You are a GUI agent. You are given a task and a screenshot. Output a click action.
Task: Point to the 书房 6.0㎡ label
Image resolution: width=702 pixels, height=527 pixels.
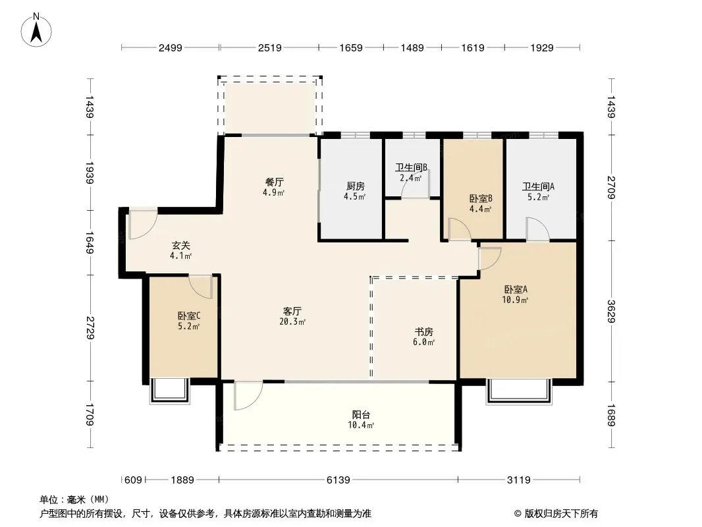tap(423, 337)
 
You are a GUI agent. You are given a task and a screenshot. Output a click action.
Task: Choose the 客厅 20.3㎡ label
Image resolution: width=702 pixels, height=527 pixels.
tap(292, 316)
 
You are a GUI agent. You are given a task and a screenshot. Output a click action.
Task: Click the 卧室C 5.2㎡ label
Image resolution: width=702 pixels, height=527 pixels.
tap(188, 320)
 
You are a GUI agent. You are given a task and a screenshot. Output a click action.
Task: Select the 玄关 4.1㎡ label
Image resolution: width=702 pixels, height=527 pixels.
tap(180, 250)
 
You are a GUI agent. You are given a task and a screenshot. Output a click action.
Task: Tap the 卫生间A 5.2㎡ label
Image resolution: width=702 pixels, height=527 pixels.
tap(538, 191)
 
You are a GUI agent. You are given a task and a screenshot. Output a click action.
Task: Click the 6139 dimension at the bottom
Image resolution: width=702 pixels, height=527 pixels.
tap(338, 480)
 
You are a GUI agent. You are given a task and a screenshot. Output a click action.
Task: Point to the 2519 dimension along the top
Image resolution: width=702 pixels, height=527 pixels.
tap(269, 47)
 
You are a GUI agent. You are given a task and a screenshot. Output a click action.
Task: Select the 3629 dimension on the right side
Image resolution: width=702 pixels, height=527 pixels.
tap(612, 310)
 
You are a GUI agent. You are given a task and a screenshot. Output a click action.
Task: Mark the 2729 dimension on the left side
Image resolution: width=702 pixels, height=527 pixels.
tap(90, 327)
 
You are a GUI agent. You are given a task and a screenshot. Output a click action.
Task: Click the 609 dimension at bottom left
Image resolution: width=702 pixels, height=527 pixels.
tap(134, 480)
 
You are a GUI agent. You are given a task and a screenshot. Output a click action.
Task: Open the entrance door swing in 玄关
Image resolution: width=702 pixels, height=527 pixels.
tap(142, 224)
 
